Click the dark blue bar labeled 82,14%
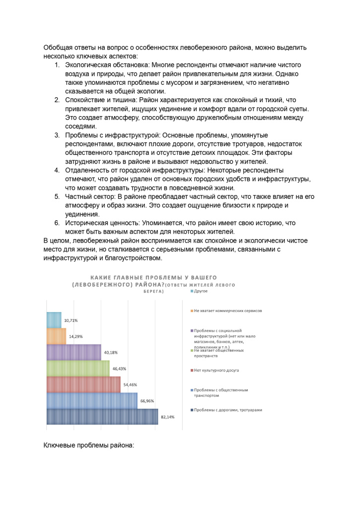(x=102, y=417)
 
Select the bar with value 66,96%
(x=92, y=400)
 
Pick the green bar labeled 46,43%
(x=78, y=368)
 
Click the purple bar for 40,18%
(x=73, y=352)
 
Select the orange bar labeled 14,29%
(x=56, y=336)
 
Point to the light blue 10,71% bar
(x=54, y=320)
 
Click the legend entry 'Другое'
(x=200, y=291)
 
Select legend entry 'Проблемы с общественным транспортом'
(x=220, y=392)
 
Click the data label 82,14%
(x=167, y=417)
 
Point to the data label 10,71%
(x=71, y=320)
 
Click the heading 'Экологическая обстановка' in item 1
(x=107, y=65)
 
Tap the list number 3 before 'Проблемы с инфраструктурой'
(x=57, y=135)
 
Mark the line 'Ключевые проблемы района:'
(x=89, y=445)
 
